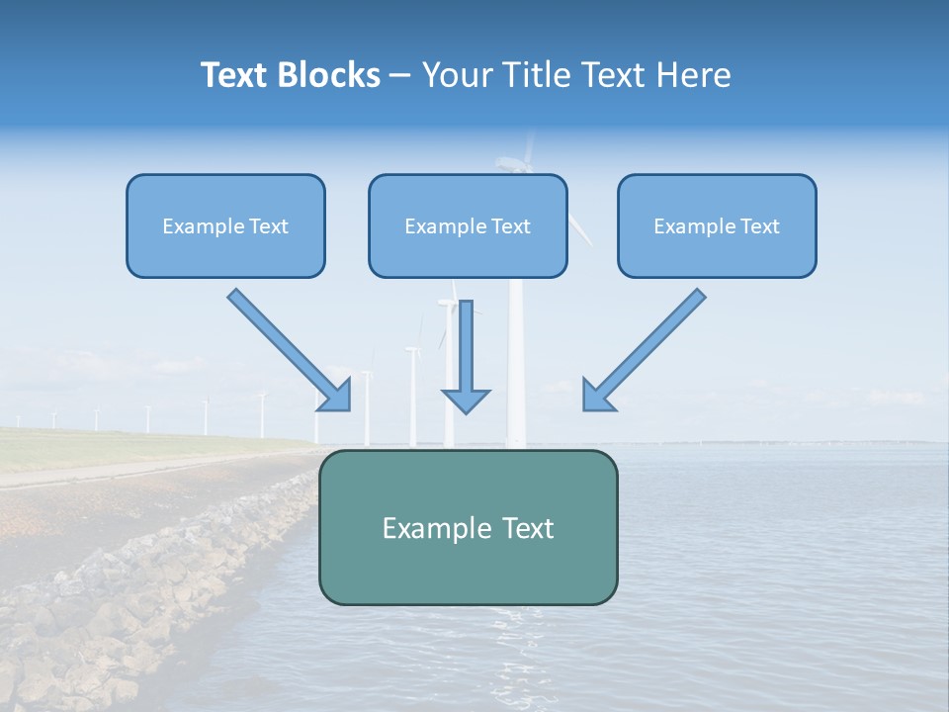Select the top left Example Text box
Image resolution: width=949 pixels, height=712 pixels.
coord(225,226)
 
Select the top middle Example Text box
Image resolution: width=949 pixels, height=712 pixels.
coord(468,226)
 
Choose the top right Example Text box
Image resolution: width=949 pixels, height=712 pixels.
coord(717,226)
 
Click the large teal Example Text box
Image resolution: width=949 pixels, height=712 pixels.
coord(468,528)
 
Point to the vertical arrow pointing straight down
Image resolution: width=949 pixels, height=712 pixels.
coord(466,351)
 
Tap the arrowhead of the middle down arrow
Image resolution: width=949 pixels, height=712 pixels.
coord(466,400)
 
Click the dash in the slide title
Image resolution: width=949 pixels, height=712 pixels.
coord(400,76)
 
